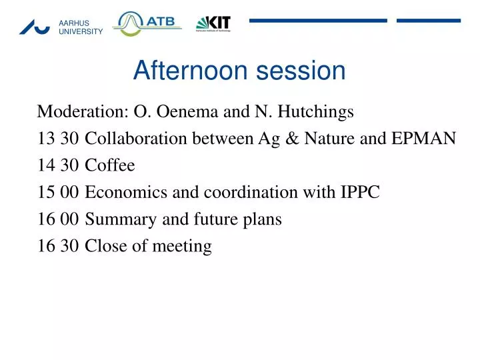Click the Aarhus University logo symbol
35,27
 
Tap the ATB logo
147,23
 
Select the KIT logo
213,24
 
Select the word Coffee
110,165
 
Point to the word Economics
121,193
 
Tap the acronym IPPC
359,193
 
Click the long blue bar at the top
318,21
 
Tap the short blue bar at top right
429,21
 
